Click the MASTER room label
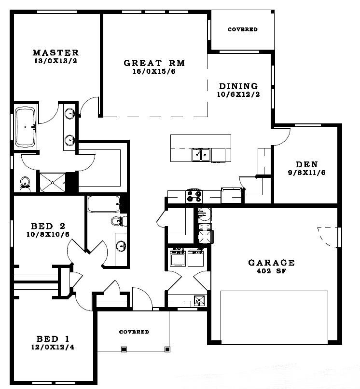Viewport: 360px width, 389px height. (55, 53)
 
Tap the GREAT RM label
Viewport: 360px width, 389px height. (154, 63)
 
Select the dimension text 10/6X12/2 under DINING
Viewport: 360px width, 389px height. (238, 94)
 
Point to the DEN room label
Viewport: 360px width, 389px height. (307, 164)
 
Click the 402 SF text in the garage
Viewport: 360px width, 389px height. (272, 271)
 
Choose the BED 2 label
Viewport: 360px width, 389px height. (48, 226)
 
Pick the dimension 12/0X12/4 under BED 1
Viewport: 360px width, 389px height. (53, 347)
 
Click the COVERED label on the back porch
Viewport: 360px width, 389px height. (243, 29)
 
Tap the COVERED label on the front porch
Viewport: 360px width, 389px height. (134, 332)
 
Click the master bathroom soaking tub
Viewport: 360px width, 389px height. (26, 127)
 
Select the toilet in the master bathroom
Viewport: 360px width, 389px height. (25, 185)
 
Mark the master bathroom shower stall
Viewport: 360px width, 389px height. (53, 183)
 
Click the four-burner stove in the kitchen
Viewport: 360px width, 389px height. (194, 196)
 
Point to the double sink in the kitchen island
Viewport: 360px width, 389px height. (201, 155)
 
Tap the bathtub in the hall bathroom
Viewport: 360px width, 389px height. (104, 204)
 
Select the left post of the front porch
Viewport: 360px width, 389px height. (124, 349)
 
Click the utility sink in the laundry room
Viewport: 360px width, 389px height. (199, 301)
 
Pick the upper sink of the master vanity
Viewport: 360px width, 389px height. (70, 114)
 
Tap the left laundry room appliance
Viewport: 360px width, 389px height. (178, 257)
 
